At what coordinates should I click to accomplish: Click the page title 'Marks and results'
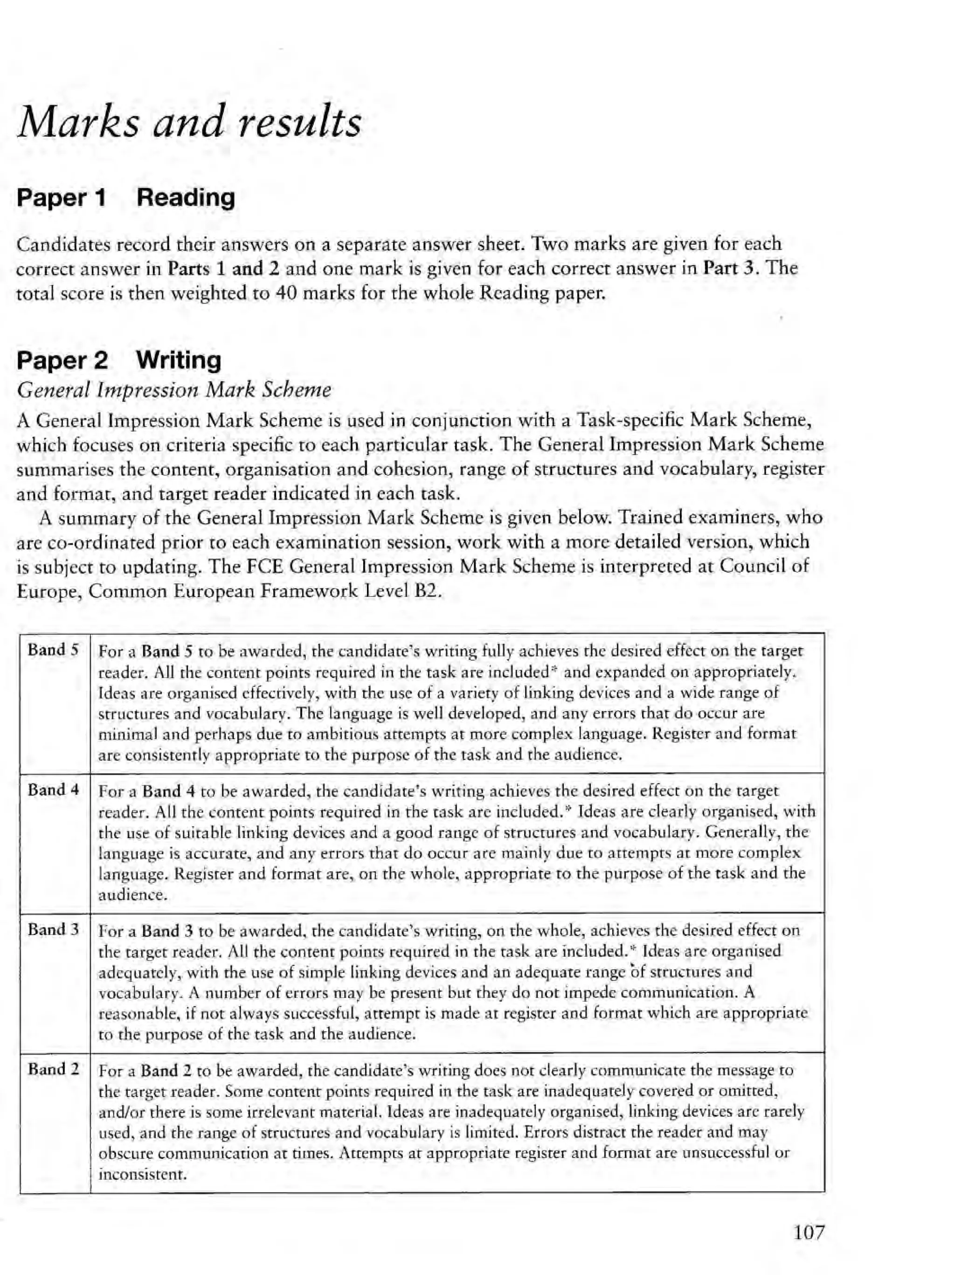pos(189,122)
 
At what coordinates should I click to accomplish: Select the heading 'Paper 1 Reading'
pos(125,198)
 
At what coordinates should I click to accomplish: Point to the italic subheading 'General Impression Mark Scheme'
pos(174,390)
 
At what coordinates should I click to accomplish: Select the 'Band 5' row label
pos(53,650)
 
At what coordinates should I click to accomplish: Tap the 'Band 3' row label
pos(53,930)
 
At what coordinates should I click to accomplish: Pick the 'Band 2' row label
pos(53,1069)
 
